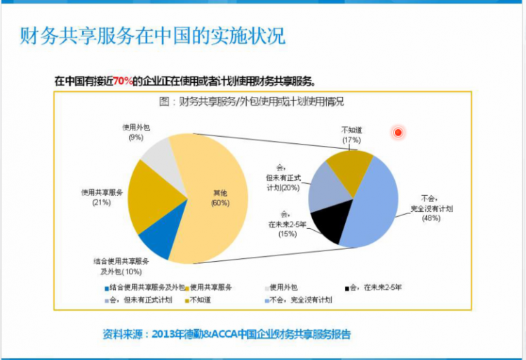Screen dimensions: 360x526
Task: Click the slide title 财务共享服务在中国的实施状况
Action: coord(152,35)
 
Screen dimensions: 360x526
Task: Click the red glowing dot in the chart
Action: coord(398,132)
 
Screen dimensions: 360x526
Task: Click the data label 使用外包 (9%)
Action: coord(136,132)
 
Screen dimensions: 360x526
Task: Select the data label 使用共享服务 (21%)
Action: coord(102,197)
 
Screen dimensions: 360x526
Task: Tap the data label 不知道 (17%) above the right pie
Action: coord(351,135)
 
